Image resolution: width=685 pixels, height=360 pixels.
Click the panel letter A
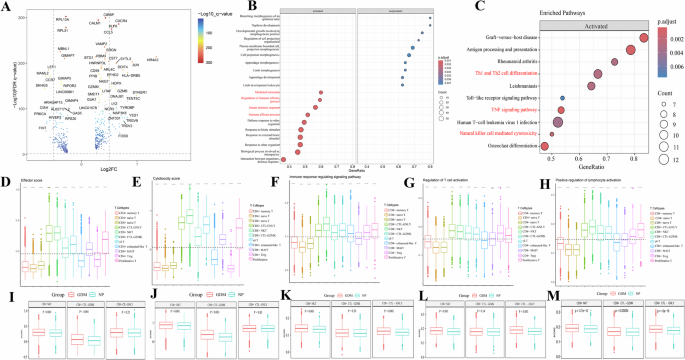(x=6, y=6)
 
